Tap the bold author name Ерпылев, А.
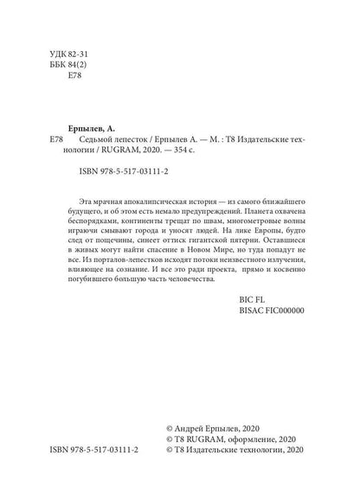point(95,126)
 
